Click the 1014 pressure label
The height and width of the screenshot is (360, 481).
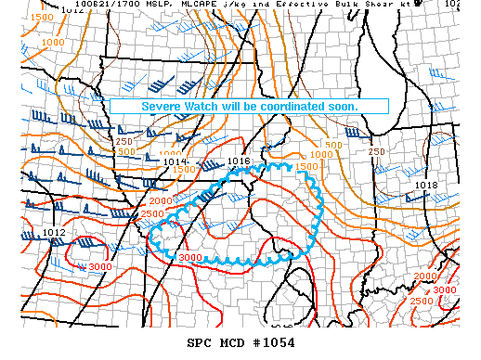point(175,162)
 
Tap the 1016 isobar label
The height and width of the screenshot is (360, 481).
point(239,161)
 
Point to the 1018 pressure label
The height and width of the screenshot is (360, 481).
point(426,186)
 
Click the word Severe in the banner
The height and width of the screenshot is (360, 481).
point(163,107)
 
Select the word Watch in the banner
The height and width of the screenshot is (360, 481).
point(206,107)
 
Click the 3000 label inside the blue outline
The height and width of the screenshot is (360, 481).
point(190,257)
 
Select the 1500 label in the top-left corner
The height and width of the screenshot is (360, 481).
point(41,18)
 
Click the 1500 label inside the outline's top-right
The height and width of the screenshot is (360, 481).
point(306,166)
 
